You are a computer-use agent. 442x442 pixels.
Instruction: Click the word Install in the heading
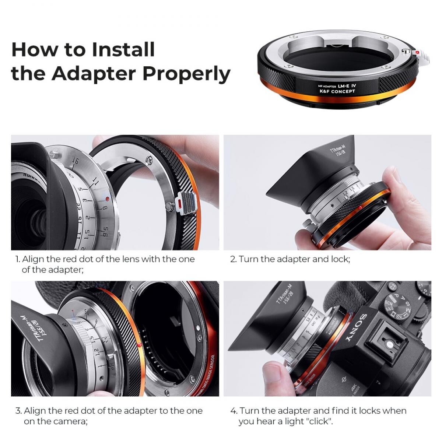pyautogui.click(x=123, y=49)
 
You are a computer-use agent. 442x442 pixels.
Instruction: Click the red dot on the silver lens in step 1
pyautogui.click(x=107, y=199)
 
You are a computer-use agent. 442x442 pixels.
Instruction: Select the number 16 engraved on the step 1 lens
pyautogui.click(x=76, y=161)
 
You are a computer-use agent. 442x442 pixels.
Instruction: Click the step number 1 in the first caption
pyautogui.click(x=17, y=259)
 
